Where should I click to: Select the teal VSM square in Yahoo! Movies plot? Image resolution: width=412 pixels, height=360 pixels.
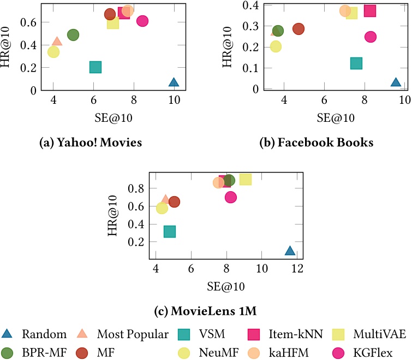point(95,67)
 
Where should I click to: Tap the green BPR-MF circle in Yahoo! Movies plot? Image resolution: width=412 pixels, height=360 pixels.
point(73,34)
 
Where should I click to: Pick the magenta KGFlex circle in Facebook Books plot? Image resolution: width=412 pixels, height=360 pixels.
point(371,37)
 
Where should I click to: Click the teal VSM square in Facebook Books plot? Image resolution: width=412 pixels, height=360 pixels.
point(356,63)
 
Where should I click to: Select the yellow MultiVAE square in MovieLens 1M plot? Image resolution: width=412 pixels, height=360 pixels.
point(246,179)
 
